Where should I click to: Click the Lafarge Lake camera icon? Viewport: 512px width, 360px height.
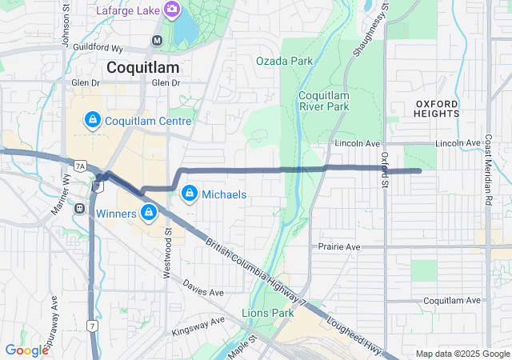(171, 10)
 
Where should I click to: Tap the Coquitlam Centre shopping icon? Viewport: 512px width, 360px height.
(93, 121)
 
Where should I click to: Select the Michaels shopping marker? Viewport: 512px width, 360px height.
(190, 194)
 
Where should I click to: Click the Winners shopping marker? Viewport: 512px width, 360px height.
(148, 213)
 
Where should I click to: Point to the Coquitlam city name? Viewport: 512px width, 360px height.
(142, 67)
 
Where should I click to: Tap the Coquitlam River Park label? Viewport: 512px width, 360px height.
(323, 101)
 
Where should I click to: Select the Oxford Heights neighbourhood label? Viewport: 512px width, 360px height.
(437, 109)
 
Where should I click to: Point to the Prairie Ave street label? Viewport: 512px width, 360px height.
(339, 247)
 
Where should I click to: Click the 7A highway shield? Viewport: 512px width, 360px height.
(79, 166)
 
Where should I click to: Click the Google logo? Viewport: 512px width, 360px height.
(26, 350)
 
